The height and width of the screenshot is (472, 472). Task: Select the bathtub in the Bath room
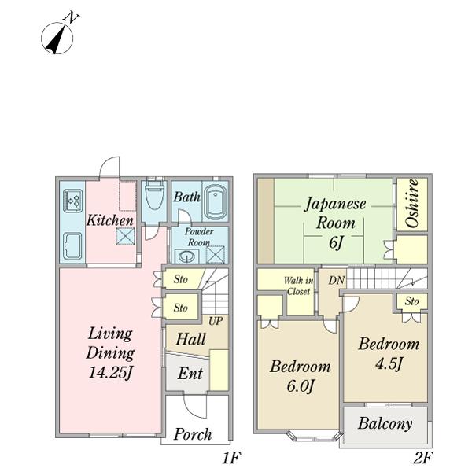click(216, 202)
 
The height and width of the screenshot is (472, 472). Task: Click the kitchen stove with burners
click(72, 200)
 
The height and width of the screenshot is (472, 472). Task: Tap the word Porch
click(193, 434)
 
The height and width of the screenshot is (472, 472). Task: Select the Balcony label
click(385, 423)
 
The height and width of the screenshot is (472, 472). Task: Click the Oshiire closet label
click(412, 204)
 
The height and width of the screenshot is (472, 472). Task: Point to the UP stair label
click(216, 321)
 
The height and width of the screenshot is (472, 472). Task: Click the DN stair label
click(337, 281)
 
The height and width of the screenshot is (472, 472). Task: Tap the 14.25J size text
click(110, 373)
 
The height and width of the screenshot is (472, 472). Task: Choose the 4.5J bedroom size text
click(389, 364)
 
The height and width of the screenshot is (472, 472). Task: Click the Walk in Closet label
click(298, 286)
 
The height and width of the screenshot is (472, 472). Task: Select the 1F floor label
click(231, 459)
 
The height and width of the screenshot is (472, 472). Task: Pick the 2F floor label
click(423, 459)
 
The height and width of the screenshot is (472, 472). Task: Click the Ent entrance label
click(190, 374)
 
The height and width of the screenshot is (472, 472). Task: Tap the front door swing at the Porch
click(195, 406)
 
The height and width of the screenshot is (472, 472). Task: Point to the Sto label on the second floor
click(411, 301)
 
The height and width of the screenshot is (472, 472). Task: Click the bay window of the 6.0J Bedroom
click(314, 436)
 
